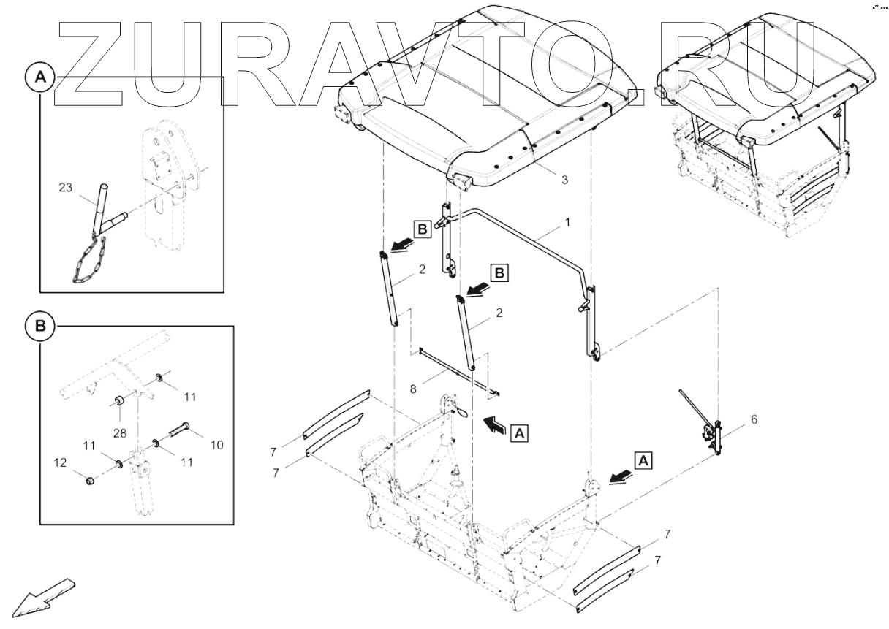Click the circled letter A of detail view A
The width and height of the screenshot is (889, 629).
pos(40,77)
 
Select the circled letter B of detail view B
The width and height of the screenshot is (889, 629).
pos(40,325)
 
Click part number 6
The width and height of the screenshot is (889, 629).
pos(754,419)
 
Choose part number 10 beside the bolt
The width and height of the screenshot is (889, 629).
pos(216,444)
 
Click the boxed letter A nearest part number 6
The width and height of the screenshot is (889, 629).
pos(642,460)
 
